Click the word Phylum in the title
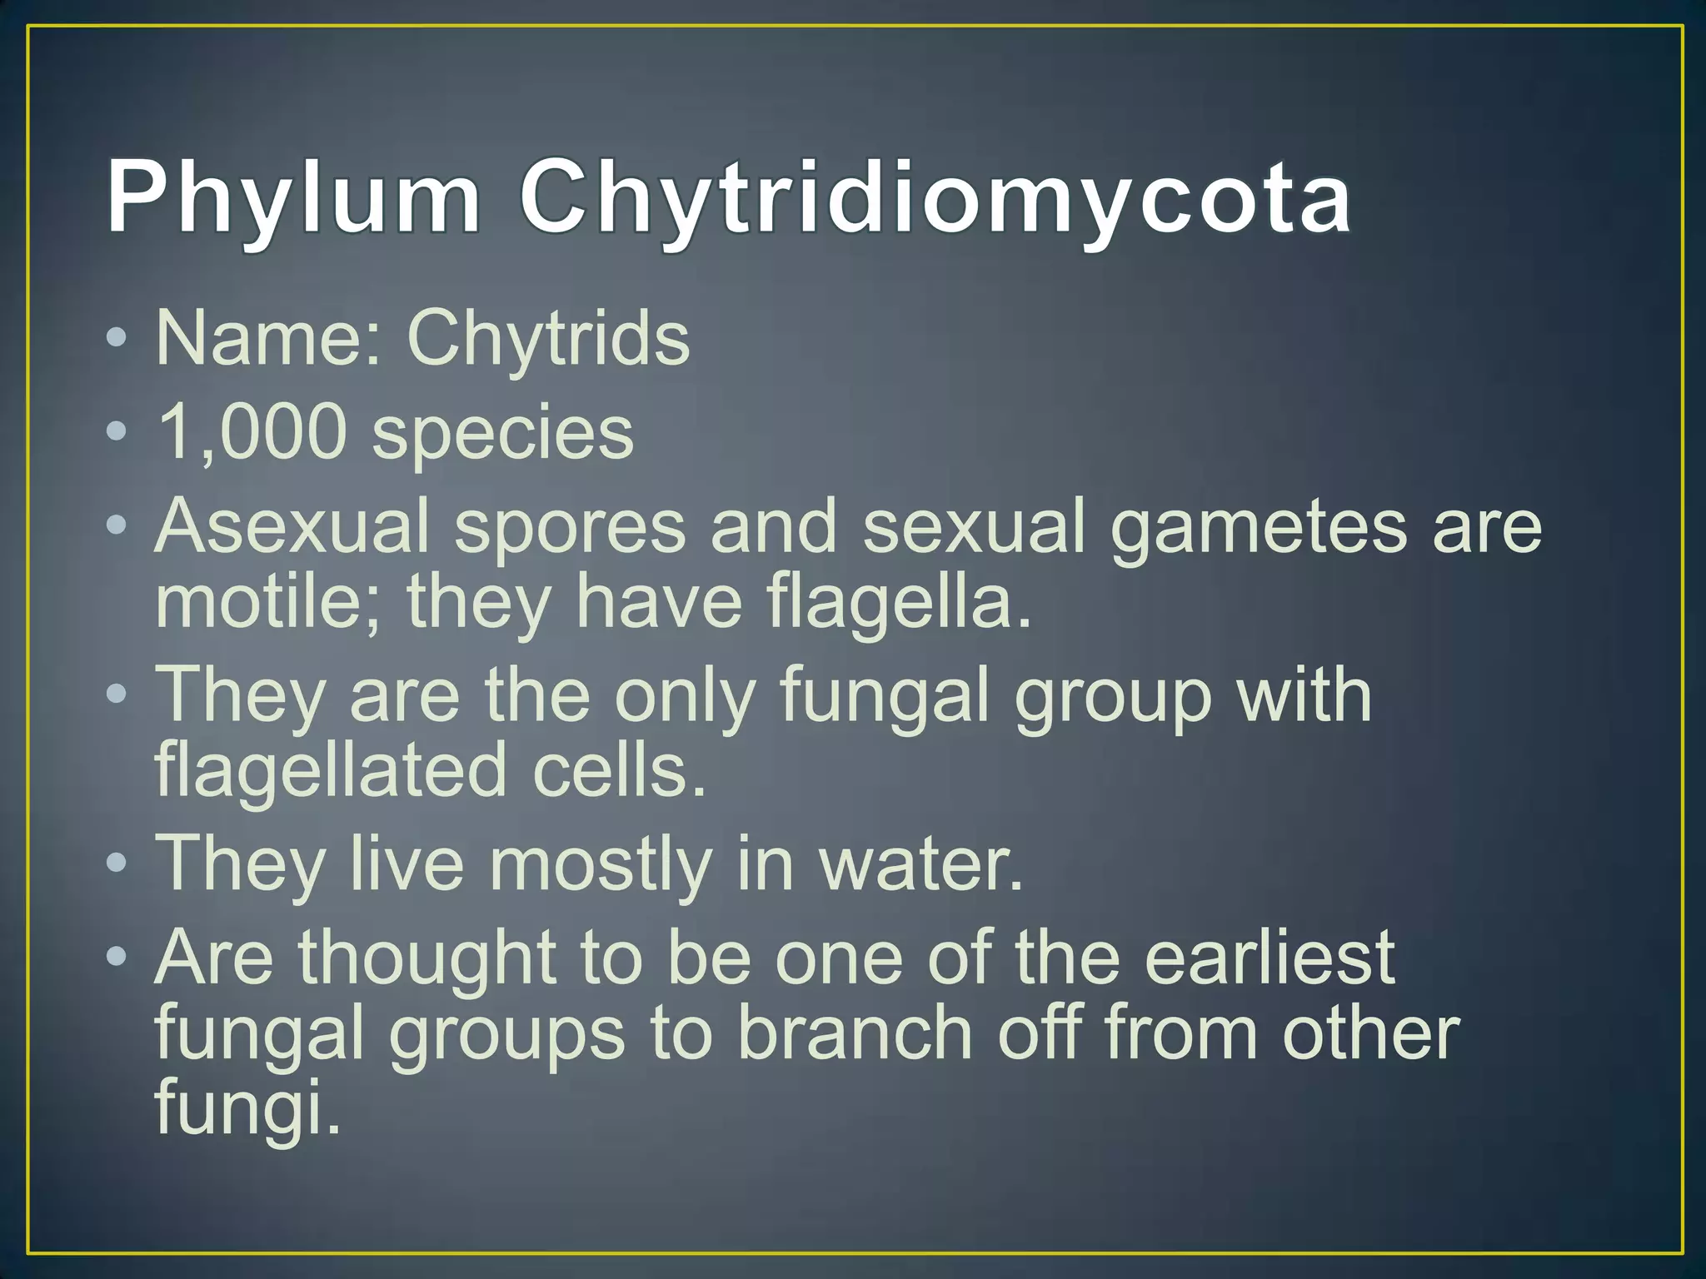[x=293, y=198]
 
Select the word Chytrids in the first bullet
[x=548, y=340]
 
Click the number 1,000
[x=251, y=432]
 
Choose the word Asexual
[x=292, y=525]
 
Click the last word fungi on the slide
[x=247, y=1107]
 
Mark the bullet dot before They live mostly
[x=117, y=863]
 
